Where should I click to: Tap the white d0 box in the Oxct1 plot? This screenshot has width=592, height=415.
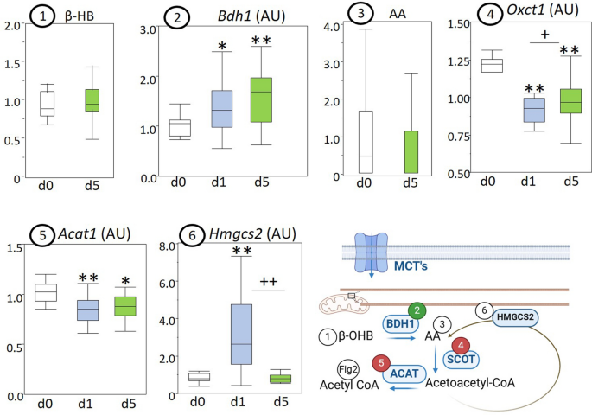tap(492, 66)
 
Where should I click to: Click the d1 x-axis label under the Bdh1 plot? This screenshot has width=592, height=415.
tap(223, 182)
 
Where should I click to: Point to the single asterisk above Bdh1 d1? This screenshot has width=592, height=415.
tap(222, 44)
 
